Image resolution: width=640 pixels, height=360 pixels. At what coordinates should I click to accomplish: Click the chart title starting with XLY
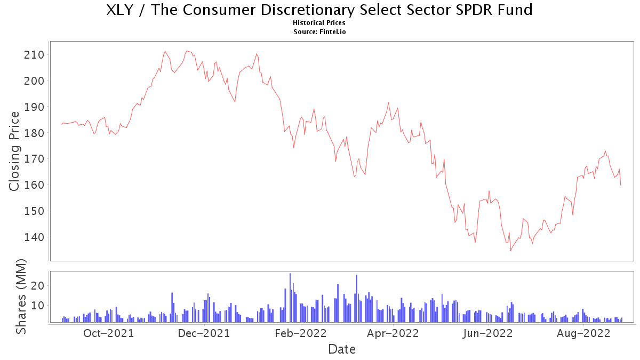click(x=319, y=10)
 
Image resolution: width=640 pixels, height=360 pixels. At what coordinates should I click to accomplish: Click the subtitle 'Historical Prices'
click(x=319, y=23)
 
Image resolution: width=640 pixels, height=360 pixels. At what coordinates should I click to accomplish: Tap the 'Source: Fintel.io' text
click(x=319, y=31)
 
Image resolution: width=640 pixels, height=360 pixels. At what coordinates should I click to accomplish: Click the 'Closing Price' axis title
click(x=15, y=151)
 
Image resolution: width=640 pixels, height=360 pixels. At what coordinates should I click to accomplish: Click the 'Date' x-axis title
click(x=342, y=350)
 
